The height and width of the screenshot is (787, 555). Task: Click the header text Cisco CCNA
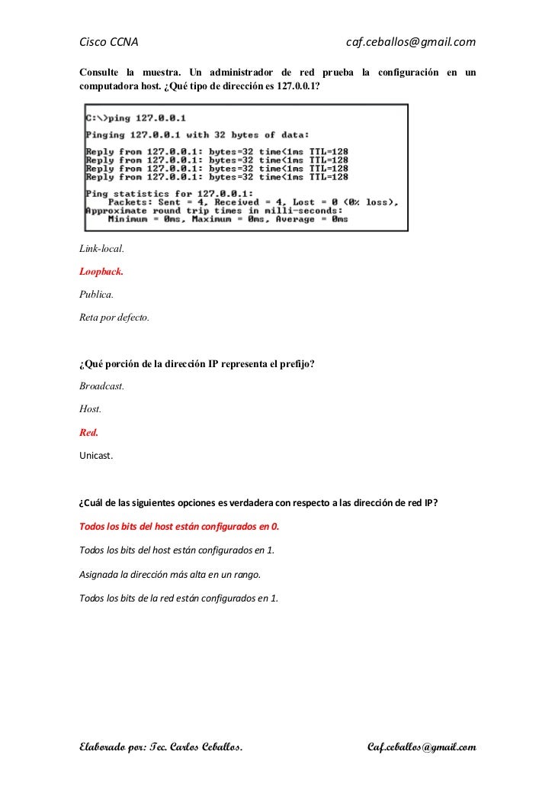click(x=108, y=40)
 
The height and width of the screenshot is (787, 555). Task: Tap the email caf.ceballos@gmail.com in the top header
click(x=410, y=40)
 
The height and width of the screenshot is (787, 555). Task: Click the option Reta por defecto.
click(x=114, y=315)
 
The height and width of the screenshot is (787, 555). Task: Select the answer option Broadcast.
click(x=101, y=386)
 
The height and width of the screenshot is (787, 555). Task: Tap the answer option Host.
click(x=90, y=409)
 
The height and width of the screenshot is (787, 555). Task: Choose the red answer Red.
click(x=88, y=432)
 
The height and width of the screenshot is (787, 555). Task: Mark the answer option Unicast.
click(x=96, y=456)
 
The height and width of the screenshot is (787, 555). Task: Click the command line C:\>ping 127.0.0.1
click(x=136, y=118)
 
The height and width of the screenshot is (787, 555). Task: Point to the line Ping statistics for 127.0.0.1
click(x=170, y=194)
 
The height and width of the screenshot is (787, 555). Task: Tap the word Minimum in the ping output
click(x=130, y=219)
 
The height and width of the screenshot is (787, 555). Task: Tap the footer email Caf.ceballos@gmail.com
click(x=422, y=746)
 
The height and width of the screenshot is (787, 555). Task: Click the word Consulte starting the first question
click(x=102, y=73)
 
